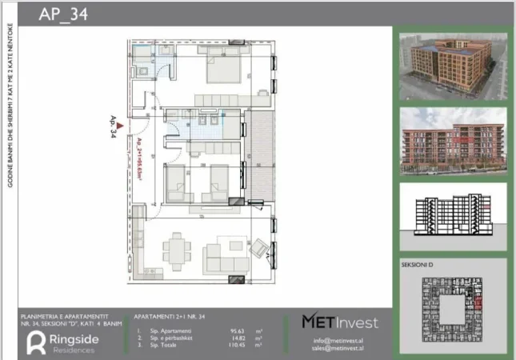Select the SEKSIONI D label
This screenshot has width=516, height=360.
point(419,265)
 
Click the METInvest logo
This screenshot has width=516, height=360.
point(340,322)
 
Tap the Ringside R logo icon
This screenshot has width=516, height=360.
point(36,342)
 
